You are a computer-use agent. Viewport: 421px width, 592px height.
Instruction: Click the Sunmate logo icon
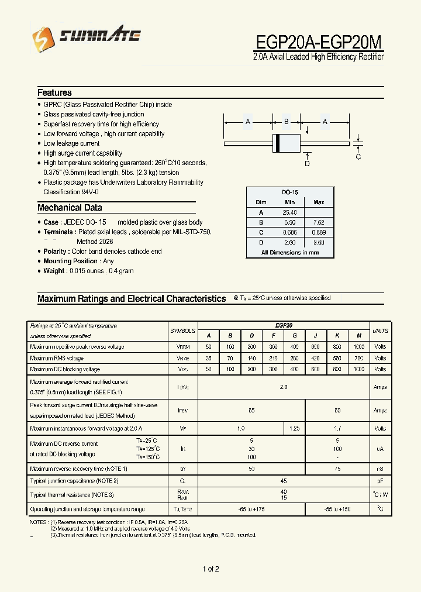tap(42, 38)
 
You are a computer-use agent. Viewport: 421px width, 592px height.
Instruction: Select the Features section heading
tap(54, 92)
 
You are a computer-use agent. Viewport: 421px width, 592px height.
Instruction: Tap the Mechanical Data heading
tap(70, 208)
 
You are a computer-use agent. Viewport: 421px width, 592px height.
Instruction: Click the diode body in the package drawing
tap(287, 143)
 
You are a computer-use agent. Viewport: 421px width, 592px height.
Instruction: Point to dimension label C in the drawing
tap(358, 156)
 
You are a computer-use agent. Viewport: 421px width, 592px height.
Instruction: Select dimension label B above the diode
tap(287, 122)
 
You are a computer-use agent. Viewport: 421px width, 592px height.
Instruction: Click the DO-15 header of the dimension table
tap(289, 192)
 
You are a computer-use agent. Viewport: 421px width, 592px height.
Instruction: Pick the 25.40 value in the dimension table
tap(289, 212)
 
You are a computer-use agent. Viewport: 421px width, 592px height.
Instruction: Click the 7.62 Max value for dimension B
tap(319, 222)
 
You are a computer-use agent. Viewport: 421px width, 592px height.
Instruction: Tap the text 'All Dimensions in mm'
tap(290, 252)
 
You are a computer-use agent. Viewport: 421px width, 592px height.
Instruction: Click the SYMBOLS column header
tap(183, 331)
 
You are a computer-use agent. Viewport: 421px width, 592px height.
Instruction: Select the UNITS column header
tap(380, 331)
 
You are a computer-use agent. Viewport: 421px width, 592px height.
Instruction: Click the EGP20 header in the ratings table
tap(284, 325)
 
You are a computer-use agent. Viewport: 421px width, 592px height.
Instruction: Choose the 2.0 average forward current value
tap(284, 387)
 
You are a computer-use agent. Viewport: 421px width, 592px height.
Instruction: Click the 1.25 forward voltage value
tap(295, 429)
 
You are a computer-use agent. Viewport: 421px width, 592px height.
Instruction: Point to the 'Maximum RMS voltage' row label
tap(57, 358)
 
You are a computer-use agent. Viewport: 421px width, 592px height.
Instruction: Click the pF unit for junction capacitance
tap(380, 480)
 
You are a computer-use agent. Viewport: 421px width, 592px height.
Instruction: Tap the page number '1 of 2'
tap(210, 569)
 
